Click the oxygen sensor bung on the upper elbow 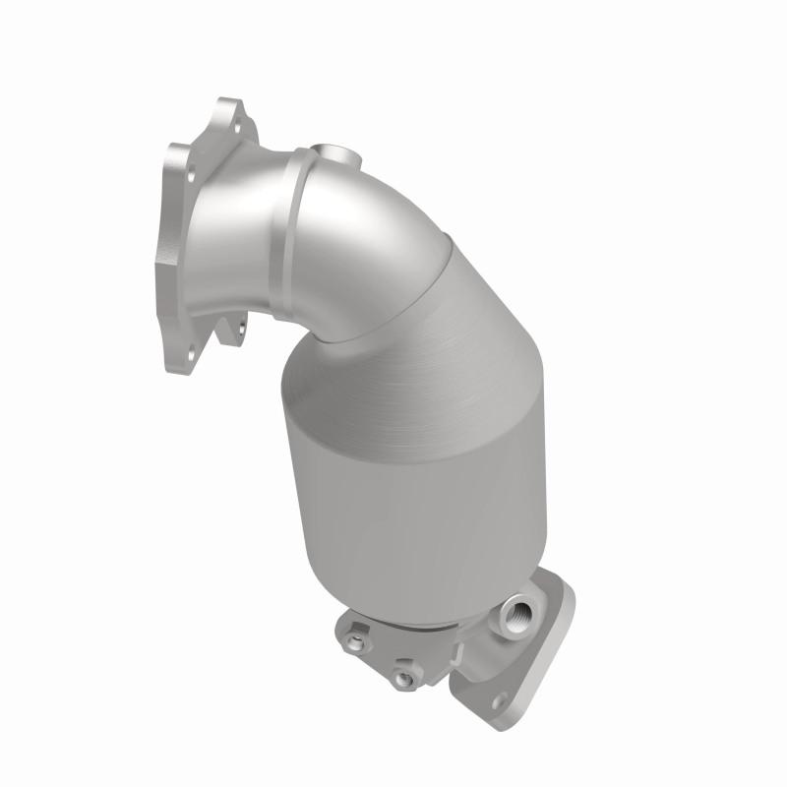click(335, 154)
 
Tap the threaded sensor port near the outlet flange click(514, 612)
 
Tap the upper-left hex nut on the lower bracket click(355, 643)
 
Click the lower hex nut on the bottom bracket click(400, 678)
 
